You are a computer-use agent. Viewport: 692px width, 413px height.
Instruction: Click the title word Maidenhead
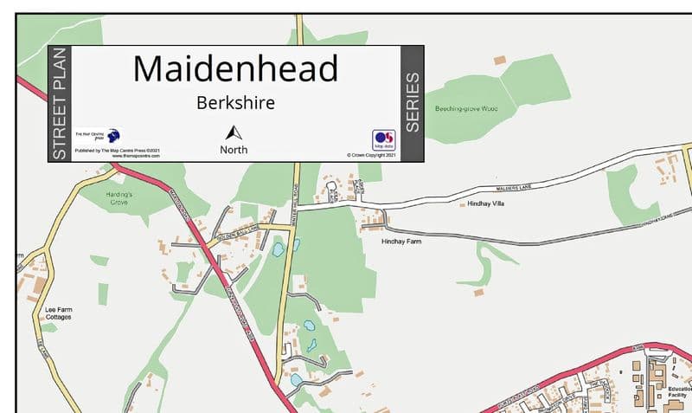pos(236,68)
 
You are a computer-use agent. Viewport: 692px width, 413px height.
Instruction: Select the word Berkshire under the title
pos(236,103)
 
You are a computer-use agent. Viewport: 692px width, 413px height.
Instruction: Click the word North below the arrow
pos(234,149)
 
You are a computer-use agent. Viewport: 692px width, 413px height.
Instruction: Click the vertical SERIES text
pos(413,102)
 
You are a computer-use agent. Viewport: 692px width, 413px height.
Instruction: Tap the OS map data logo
pos(383,139)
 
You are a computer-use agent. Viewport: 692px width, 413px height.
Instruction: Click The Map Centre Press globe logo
pos(113,135)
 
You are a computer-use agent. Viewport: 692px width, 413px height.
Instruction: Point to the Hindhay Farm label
pos(400,242)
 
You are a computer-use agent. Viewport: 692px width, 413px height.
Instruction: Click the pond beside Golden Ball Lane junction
pos(278,249)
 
